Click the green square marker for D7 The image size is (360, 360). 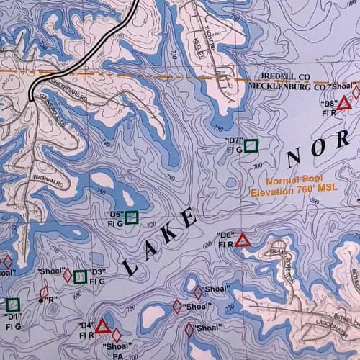[251, 146]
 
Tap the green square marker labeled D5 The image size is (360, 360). [132, 217]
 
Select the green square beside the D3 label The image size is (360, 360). [81, 275]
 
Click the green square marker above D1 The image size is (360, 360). [12, 305]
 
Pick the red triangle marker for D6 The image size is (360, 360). [243, 240]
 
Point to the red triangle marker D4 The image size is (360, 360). [102, 328]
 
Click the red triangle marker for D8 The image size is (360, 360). [344, 103]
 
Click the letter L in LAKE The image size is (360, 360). [130, 266]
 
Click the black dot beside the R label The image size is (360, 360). [40, 300]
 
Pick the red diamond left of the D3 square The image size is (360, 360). [68, 275]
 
